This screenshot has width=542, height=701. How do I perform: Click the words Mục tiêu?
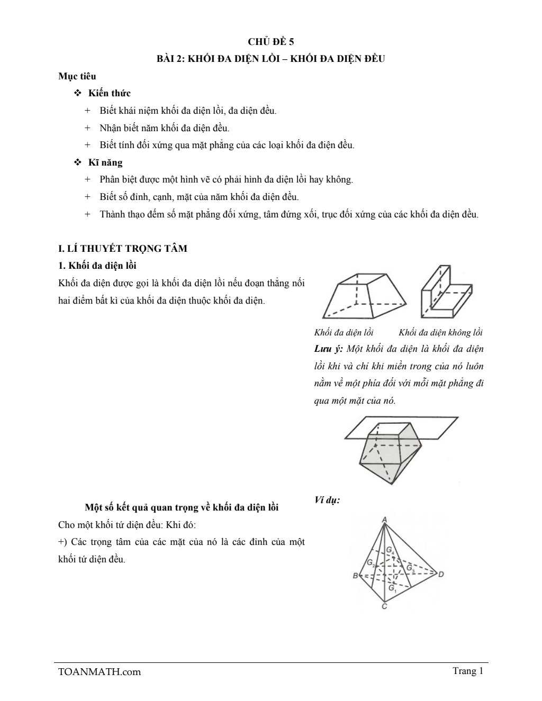(77, 76)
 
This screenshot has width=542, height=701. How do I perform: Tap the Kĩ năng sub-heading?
(105, 162)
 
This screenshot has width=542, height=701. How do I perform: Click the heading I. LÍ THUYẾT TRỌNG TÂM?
(122, 248)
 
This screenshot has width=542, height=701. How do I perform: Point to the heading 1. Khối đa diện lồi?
(97, 265)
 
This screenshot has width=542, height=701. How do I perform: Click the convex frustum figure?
(365, 296)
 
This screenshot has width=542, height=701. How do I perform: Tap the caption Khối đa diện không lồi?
(440, 332)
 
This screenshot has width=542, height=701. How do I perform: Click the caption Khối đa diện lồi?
(344, 332)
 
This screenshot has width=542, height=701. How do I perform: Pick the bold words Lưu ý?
(328, 349)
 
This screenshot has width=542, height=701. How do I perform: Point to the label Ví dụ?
(327, 499)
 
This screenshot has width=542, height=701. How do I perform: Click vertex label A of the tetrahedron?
(384, 519)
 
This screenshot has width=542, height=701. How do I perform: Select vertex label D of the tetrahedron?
(441, 574)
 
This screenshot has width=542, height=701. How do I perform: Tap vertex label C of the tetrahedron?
(384, 607)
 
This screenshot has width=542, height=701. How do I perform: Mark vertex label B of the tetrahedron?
(356, 576)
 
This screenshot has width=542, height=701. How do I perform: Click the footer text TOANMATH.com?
(100, 672)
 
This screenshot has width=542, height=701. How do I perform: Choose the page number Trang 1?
(468, 671)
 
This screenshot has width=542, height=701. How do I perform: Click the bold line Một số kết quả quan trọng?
(182, 507)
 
